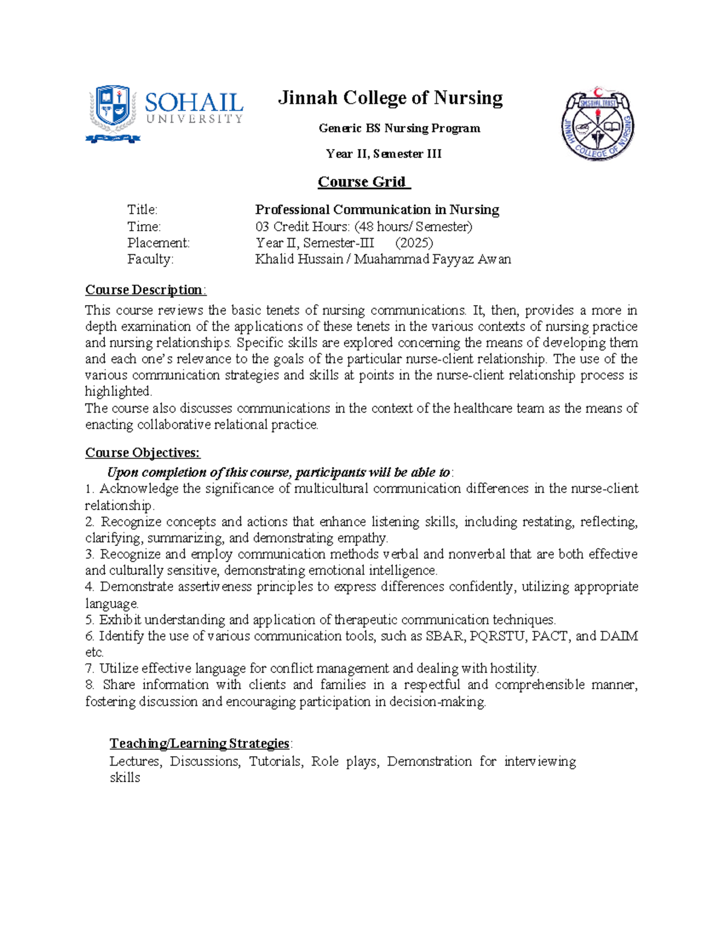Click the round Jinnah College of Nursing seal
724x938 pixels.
(597, 124)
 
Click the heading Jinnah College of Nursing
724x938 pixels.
(390, 98)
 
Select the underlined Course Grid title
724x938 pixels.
(364, 182)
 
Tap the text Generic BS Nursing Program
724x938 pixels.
(399, 128)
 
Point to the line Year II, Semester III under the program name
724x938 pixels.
(384, 154)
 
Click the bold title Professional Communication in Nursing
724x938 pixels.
(377, 210)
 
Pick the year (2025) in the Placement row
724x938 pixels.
(414, 243)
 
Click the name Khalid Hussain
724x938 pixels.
(299, 259)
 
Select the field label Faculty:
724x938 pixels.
(150, 259)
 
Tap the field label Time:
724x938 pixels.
(144, 226)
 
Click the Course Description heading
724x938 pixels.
(145, 290)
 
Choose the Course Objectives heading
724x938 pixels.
(142, 453)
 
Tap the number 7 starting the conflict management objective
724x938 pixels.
(89, 669)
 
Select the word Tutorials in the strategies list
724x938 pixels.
(276, 761)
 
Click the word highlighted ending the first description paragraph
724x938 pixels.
(118, 391)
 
